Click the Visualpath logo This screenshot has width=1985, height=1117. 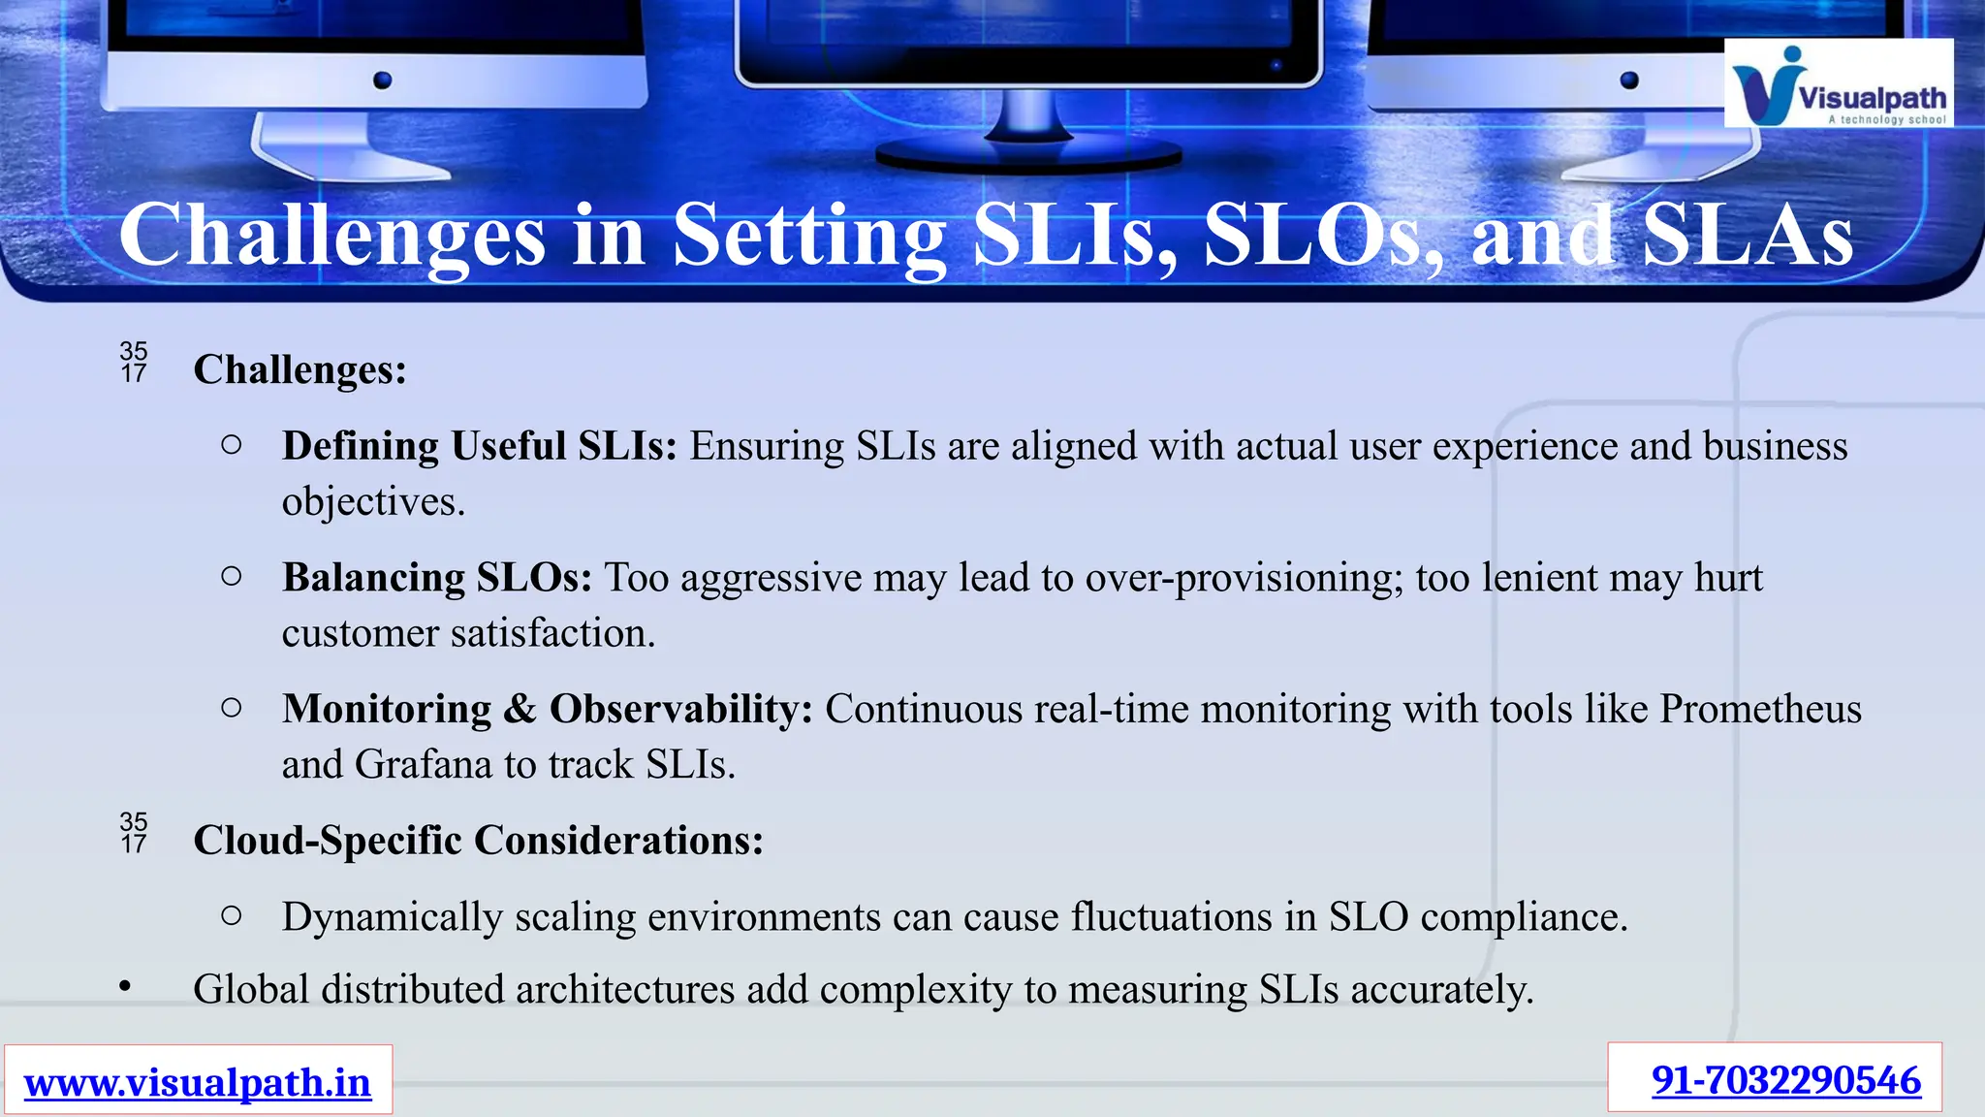pos(1838,83)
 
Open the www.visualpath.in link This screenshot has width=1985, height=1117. pos(198,1082)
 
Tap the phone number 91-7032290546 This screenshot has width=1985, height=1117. pos(1785,1080)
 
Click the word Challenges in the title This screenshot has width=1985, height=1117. pos(331,236)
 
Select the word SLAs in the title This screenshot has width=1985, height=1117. pos(1748,236)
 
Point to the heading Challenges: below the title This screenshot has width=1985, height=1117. pos(299,369)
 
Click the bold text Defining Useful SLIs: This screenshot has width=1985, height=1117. pos(479,446)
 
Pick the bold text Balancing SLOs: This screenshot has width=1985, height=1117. pos(436,578)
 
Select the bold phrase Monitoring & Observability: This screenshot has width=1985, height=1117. pos(547,709)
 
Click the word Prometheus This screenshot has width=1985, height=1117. pos(1760,709)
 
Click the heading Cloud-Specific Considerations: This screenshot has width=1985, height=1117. pos(478,840)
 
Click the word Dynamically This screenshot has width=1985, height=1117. pos(392,917)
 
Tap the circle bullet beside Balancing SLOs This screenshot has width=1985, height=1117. pos(231,576)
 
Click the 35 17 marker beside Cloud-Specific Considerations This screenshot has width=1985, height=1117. pos(134,833)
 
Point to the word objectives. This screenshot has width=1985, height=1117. pos(372,502)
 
